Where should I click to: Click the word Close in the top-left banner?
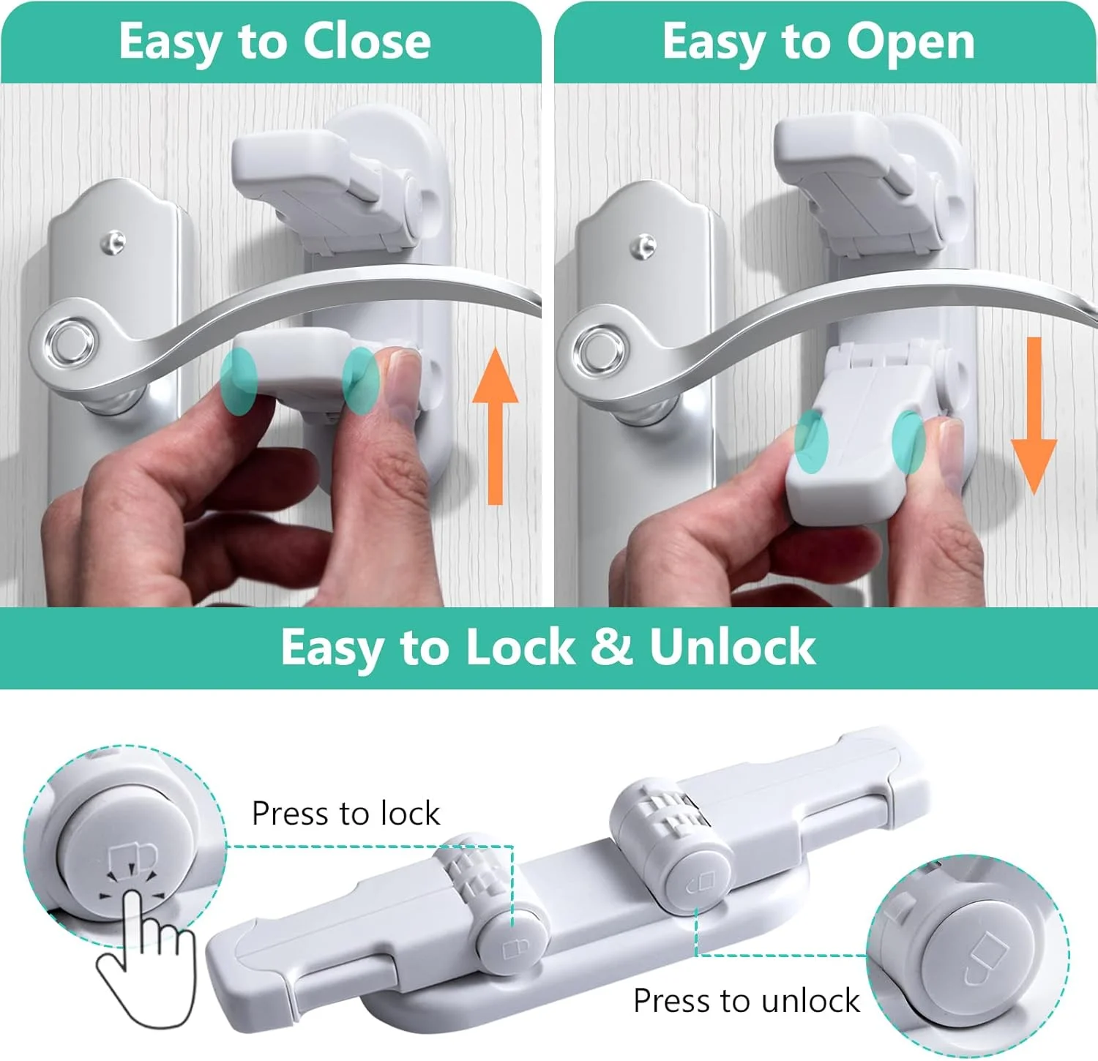point(367,42)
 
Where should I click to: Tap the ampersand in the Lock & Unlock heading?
point(612,647)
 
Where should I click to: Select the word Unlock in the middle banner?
point(732,647)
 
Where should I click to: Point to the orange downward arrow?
point(1034,415)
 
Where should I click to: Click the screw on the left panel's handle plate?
point(113,242)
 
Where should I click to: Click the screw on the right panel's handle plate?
point(644,247)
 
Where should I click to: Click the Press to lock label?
point(346,814)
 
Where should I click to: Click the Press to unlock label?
point(746,1001)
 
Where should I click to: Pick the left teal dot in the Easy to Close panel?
point(239,380)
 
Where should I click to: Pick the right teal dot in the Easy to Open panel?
point(908,441)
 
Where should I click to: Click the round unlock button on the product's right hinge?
point(699,878)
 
